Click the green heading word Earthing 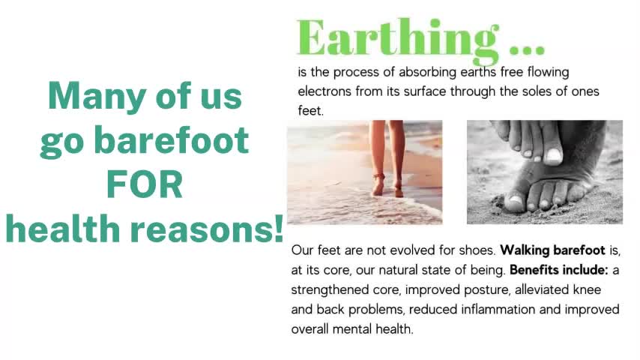pyautogui.click(x=397, y=37)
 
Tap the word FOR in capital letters pyautogui.click(x=145, y=184)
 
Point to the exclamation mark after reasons pyautogui.click(x=278, y=229)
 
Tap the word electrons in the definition pyautogui.click(x=324, y=91)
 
